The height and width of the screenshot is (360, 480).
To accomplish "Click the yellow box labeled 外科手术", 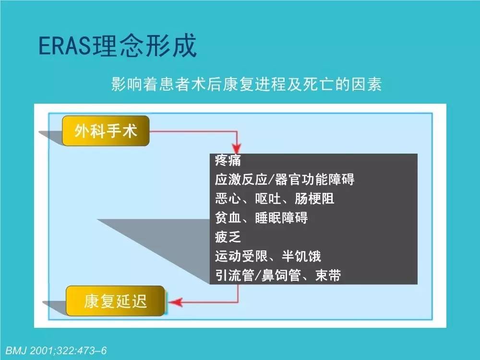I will click(106, 131).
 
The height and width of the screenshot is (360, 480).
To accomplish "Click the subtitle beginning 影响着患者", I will click(246, 85).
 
